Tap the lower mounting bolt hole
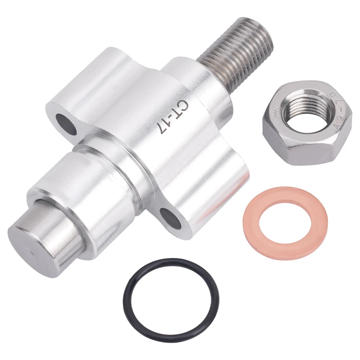170,218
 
